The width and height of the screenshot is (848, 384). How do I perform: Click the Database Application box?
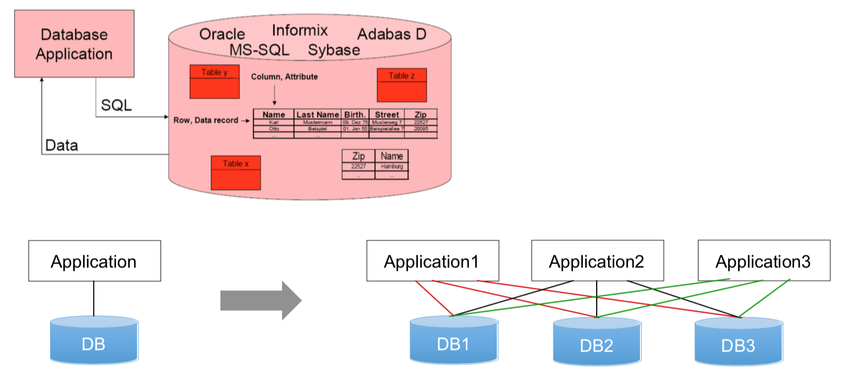pos(75,43)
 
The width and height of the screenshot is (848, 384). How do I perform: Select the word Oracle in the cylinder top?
pos(222,34)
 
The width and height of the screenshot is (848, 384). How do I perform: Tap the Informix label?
pos(300,30)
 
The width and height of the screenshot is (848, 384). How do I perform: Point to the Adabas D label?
pos(392,34)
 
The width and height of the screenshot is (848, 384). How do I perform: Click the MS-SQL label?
pos(260,50)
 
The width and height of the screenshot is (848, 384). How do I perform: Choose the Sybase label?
pos(334,50)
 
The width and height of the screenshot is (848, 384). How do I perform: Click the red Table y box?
pos(214,82)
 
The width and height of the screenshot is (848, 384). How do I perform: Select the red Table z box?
pos(402,85)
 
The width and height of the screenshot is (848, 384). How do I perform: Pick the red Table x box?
pos(236,172)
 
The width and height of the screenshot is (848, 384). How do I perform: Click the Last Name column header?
pos(318,115)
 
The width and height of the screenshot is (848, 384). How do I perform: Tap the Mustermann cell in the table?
pos(318,122)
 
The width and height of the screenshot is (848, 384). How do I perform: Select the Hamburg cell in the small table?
pos(392,166)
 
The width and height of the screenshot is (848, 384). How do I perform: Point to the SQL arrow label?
pos(117,105)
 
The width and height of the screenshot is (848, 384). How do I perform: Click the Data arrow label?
pos(62,146)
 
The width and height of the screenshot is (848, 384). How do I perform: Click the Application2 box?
pos(597,261)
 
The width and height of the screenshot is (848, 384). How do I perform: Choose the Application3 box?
pos(763,261)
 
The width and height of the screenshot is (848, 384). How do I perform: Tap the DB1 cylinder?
pos(453,342)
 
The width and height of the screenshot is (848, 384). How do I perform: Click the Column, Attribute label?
pos(284,76)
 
